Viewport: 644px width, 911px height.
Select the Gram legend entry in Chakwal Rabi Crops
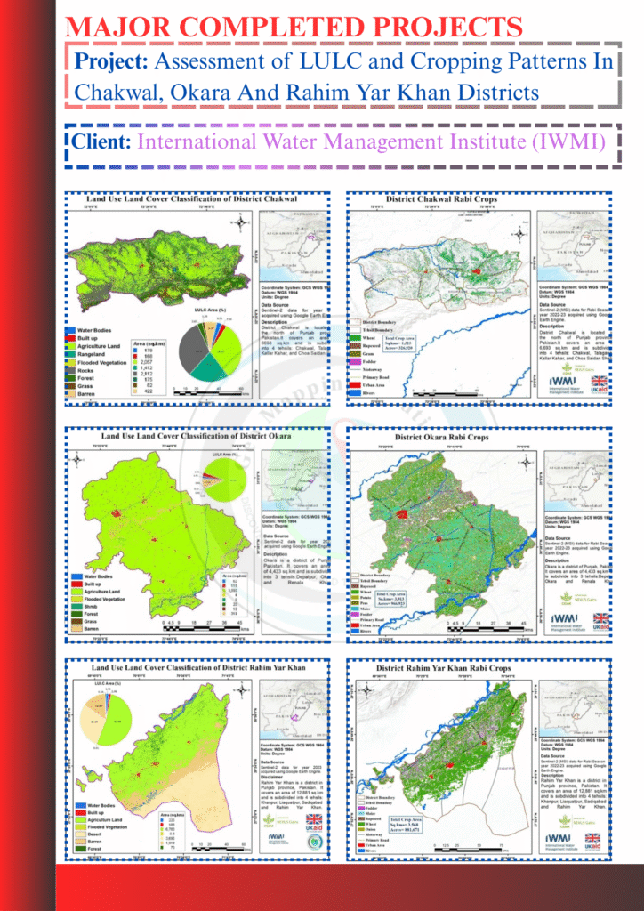pyautogui.click(x=373, y=351)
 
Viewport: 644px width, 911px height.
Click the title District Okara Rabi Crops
pyautogui.click(x=441, y=437)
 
